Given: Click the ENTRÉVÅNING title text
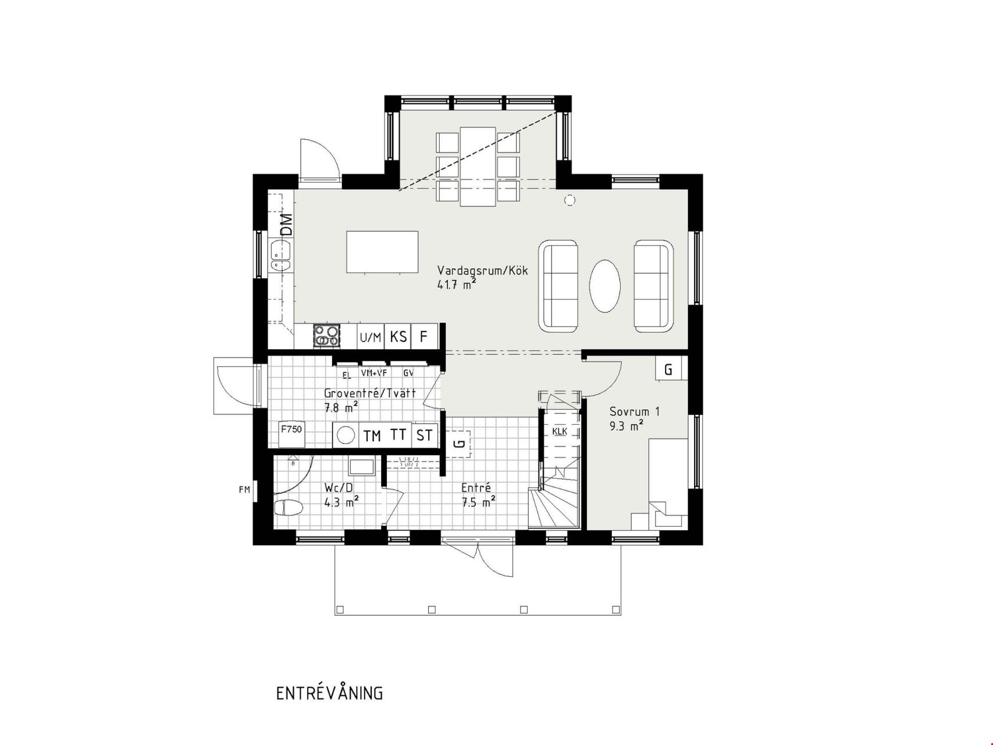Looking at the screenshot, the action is point(329,693).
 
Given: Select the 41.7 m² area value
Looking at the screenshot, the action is point(457,284).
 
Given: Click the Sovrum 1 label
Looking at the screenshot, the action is point(635,411).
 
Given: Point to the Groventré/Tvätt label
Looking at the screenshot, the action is point(370,393).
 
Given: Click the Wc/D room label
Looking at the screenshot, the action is point(338,488).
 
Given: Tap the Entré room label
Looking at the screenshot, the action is point(476,488).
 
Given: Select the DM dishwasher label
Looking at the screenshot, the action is point(286,225).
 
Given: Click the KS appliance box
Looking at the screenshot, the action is point(398,336).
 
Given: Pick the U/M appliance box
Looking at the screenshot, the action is point(371,336).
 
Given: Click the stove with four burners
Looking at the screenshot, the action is point(327,336).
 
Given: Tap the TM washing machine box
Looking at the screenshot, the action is point(372,435).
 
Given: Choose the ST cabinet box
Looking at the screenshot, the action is point(425,435).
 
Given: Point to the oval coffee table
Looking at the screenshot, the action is point(605,286).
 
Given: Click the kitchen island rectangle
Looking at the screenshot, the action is point(382,252).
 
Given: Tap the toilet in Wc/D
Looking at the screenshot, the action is point(288,508).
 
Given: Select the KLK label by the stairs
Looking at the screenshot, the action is point(560,431).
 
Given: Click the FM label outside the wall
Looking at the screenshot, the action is point(244,489).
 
